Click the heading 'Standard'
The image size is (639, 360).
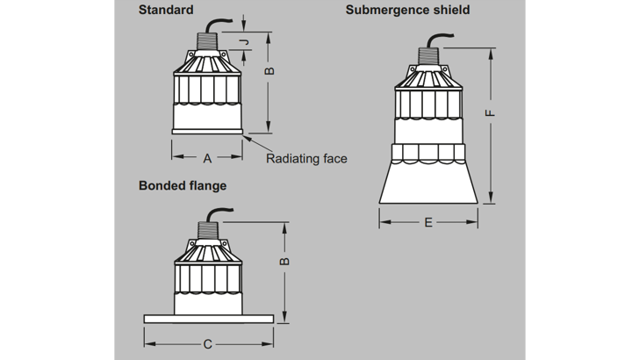point(166,11)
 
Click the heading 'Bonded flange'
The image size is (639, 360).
point(183,186)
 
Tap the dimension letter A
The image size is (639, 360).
point(207,159)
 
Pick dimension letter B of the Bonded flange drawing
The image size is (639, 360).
point(283,262)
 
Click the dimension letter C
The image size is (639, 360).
point(208,344)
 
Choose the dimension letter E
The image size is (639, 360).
point(427,223)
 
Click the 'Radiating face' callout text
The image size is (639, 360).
point(306,159)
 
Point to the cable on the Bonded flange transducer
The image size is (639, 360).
point(219,211)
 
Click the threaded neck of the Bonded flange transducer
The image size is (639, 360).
point(206,231)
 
